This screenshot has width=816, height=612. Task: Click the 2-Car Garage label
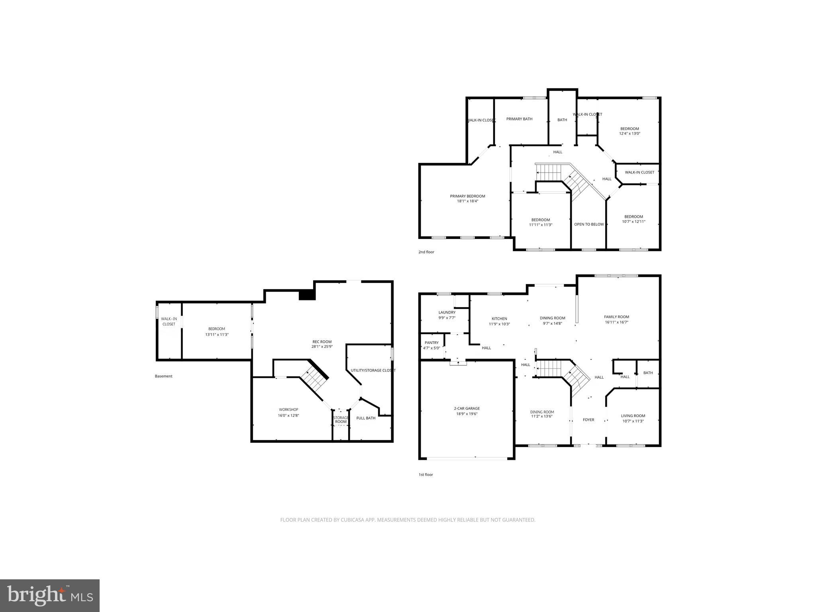pyautogui.click(x=467, y=408)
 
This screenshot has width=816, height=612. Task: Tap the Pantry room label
pyautogui.click(x=432, y=343)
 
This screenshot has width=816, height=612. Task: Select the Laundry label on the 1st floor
pyautogui.click(x=447, y=312)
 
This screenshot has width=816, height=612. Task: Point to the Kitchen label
pyautogui.click(x=499, y=319)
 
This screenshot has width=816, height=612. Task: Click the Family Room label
pyautogui.click(x=616, y=317)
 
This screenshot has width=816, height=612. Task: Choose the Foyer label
pyautogui.click(x=588, y=420)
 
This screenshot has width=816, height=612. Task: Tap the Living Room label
pyautogui.click(x=633, y=416)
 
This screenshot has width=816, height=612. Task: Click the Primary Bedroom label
pyautogui.click(x=467, y=196)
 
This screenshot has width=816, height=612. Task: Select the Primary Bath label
pyautogui.click(x=519, y=119)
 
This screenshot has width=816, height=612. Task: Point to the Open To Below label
pyautogui.click(x=589, y=224)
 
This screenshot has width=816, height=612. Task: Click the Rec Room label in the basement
pyautogui.click(x=322, y=342)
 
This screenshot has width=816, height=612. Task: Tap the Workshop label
pyautogui.click(x=288, y=410)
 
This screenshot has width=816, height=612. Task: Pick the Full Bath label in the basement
pyautogui.click(x=366, y=418)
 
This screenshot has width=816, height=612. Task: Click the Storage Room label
pyautogui.click(x=341, y=420)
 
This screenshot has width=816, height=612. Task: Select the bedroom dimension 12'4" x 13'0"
pyautogui.click(x=630, y=134)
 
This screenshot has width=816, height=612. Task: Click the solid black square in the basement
pyautogui.click(x=307, y=295)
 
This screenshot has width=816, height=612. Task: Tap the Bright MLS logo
pyautogui.click(x=50, y=595)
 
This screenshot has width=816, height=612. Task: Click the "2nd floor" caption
pyautogui.click(x=426, y=252)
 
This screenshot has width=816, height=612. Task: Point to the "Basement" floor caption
pyautogui.click(x=163, y=376)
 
